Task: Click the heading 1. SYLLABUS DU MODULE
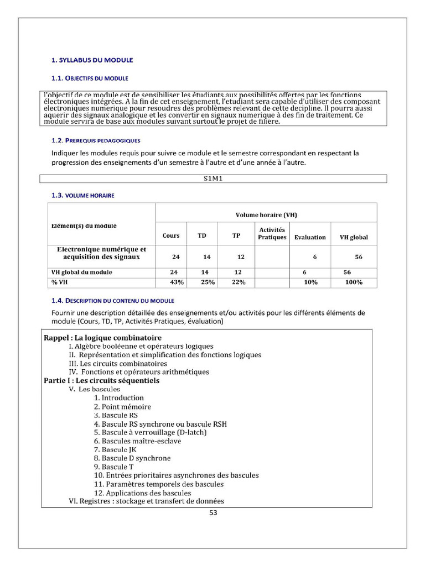click(x=92, y=60)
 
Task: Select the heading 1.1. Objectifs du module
click(x=90, y=78)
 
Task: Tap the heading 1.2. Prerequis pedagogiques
click(x=96, y=140)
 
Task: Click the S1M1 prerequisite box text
click(x=213, y=179)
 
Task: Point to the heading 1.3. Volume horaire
click(x=83, y=195)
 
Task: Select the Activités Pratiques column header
click(x=272, y=233)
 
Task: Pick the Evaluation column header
click(x=310, y=237)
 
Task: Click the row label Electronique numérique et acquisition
click(x=101, y=253)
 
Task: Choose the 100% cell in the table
click(x=354, y=282)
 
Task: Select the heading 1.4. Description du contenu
click(x=112, y=301)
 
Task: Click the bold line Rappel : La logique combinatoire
click(x=102, y=338)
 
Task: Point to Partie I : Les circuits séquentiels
click(x=101, y=380)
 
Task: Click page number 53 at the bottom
click(x=213, y=512)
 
